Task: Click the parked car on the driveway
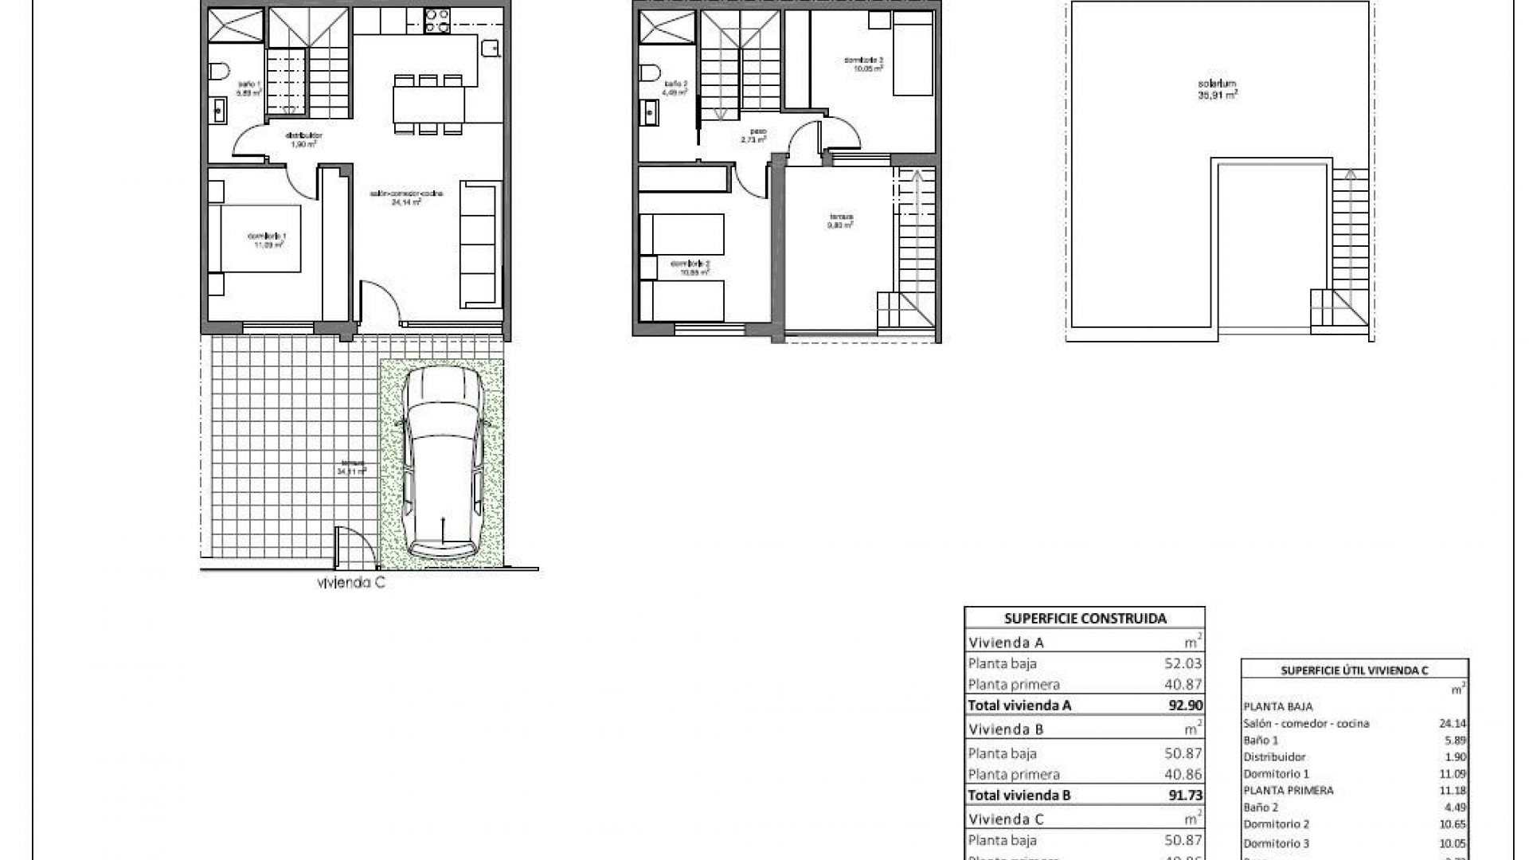442,466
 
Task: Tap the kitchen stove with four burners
436,20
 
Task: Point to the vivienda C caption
351,583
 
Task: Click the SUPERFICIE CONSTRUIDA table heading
1085,618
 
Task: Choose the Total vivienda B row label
1019,795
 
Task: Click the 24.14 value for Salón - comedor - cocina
1454,724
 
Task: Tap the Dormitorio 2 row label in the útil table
1275,824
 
